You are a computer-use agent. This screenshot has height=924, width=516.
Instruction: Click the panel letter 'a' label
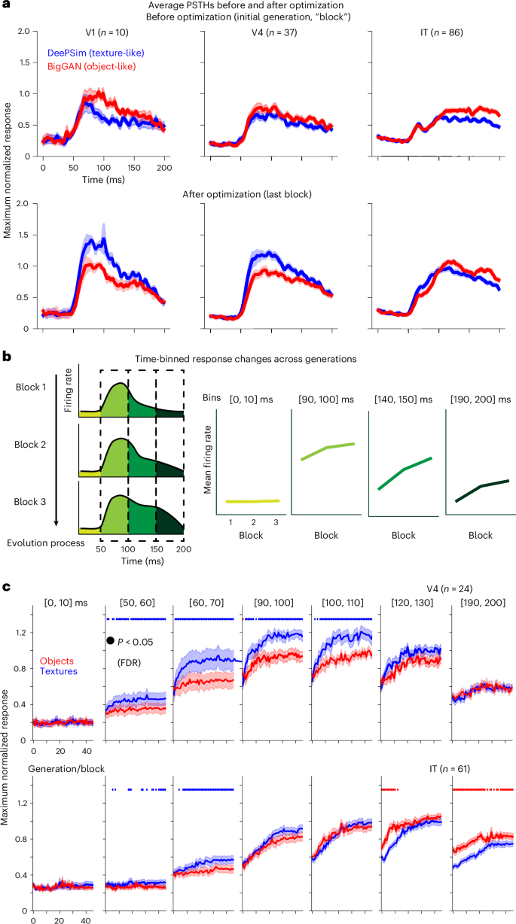(x=5, y=5)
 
